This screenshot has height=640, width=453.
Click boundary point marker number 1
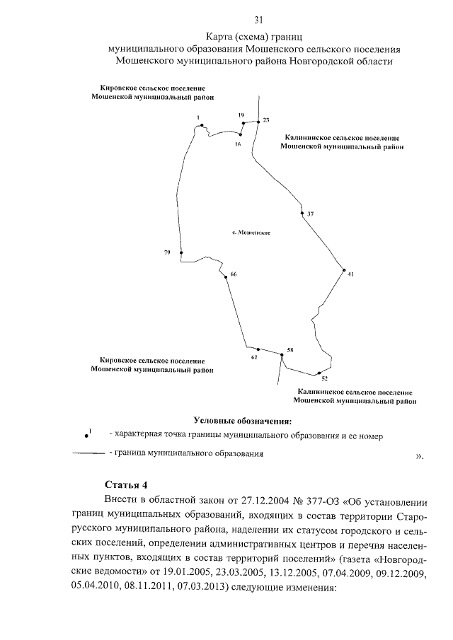(x=202, y=125)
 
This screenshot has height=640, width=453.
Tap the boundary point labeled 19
(x=243, y=122)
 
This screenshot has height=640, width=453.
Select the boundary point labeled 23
(x=256, y=120)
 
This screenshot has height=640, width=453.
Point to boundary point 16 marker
(x=241, y=134)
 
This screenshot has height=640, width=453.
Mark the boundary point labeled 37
(x=302, y=213)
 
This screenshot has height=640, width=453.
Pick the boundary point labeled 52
(x=319, y=372)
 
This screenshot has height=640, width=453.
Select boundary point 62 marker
(x=258, y=349)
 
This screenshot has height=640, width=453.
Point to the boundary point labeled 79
(x=181, y=252)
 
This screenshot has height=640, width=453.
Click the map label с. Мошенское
(x=252, y=233)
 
